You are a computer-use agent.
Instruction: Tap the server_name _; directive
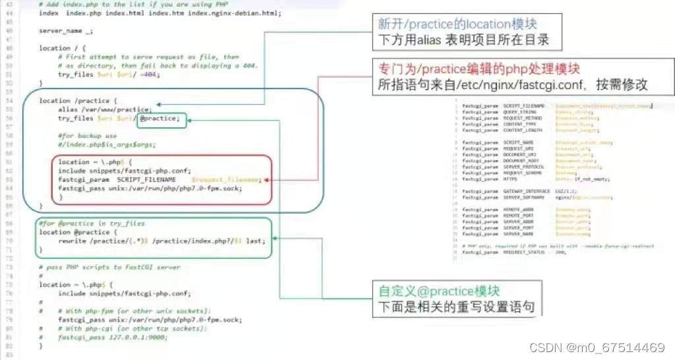tap(66, 30)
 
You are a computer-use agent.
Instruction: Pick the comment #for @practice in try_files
tap(91, 224)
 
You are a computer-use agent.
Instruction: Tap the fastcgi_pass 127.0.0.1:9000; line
tap(111, 336)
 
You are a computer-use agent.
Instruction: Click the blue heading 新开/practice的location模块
tap(457, 24)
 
